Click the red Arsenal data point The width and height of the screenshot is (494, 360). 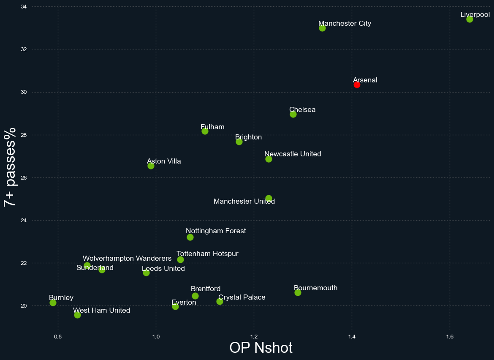pyautogui.click(x=357, y=85)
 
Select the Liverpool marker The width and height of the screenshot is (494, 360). pyautogui.click(x=470, y=19)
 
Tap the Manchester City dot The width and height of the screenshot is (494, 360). pyautogui.click(x=322, y=28)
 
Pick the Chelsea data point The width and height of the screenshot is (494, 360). pyautogui.click(x=293, y=114)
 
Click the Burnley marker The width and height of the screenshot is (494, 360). pyautogui.click(x=53, y=303)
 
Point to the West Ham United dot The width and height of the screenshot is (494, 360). pyautogui.click(x=77, y=315)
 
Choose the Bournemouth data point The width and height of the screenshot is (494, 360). pyautogui.click(x=298, y=292)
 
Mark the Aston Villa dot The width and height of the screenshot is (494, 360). pyautogui.click(x=151, y=166)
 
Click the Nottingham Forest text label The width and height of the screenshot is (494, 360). pyautogui.click(x=216, y=231)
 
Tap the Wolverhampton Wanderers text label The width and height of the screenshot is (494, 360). pyautogui.click(x=127, y=258)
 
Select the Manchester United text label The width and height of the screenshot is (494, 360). pyautogui.click(x=244, y=202)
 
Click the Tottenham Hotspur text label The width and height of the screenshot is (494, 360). pyautogui.click(x=207, y=254)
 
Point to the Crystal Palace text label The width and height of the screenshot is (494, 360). pyautogui.click(x=242, y=297)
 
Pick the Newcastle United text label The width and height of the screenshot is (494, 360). pyautogui.click(x=293, y=154)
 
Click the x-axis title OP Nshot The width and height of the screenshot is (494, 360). pyautogui.click(x=261, y=348)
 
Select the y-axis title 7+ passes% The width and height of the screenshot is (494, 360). pyautogui.click(x=10, y=167)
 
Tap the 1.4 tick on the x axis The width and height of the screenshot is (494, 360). pyautogui.click(x=351, y=336)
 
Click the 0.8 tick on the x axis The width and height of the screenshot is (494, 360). pyautogui.click(x=58, y=336)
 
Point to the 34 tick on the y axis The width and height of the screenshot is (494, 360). pyautogui.click(x=24, y=7)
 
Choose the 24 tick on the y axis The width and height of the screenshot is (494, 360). pyautogui.click(x=24, y=221)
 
